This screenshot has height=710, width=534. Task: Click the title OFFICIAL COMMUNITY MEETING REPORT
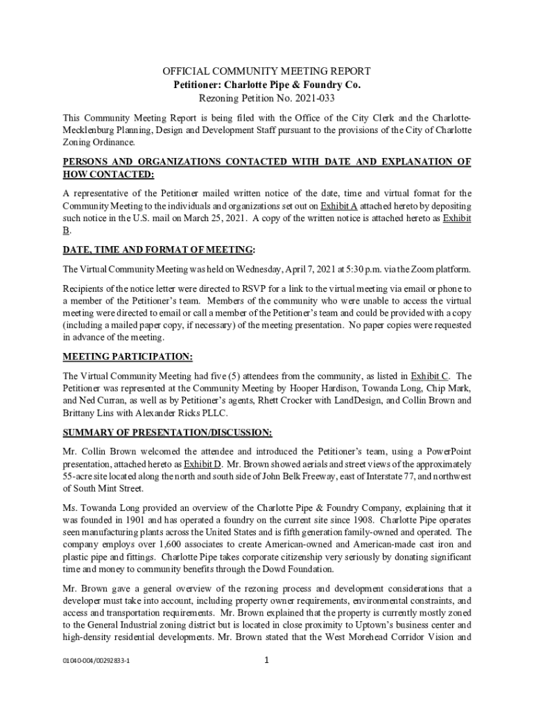pyautogui.click(x=267, y=71)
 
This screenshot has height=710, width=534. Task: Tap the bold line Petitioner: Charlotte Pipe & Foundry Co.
pyautogui.click(x=267, y=85)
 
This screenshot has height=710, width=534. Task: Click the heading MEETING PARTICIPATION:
pyautogui.click(x=128, y=356)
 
